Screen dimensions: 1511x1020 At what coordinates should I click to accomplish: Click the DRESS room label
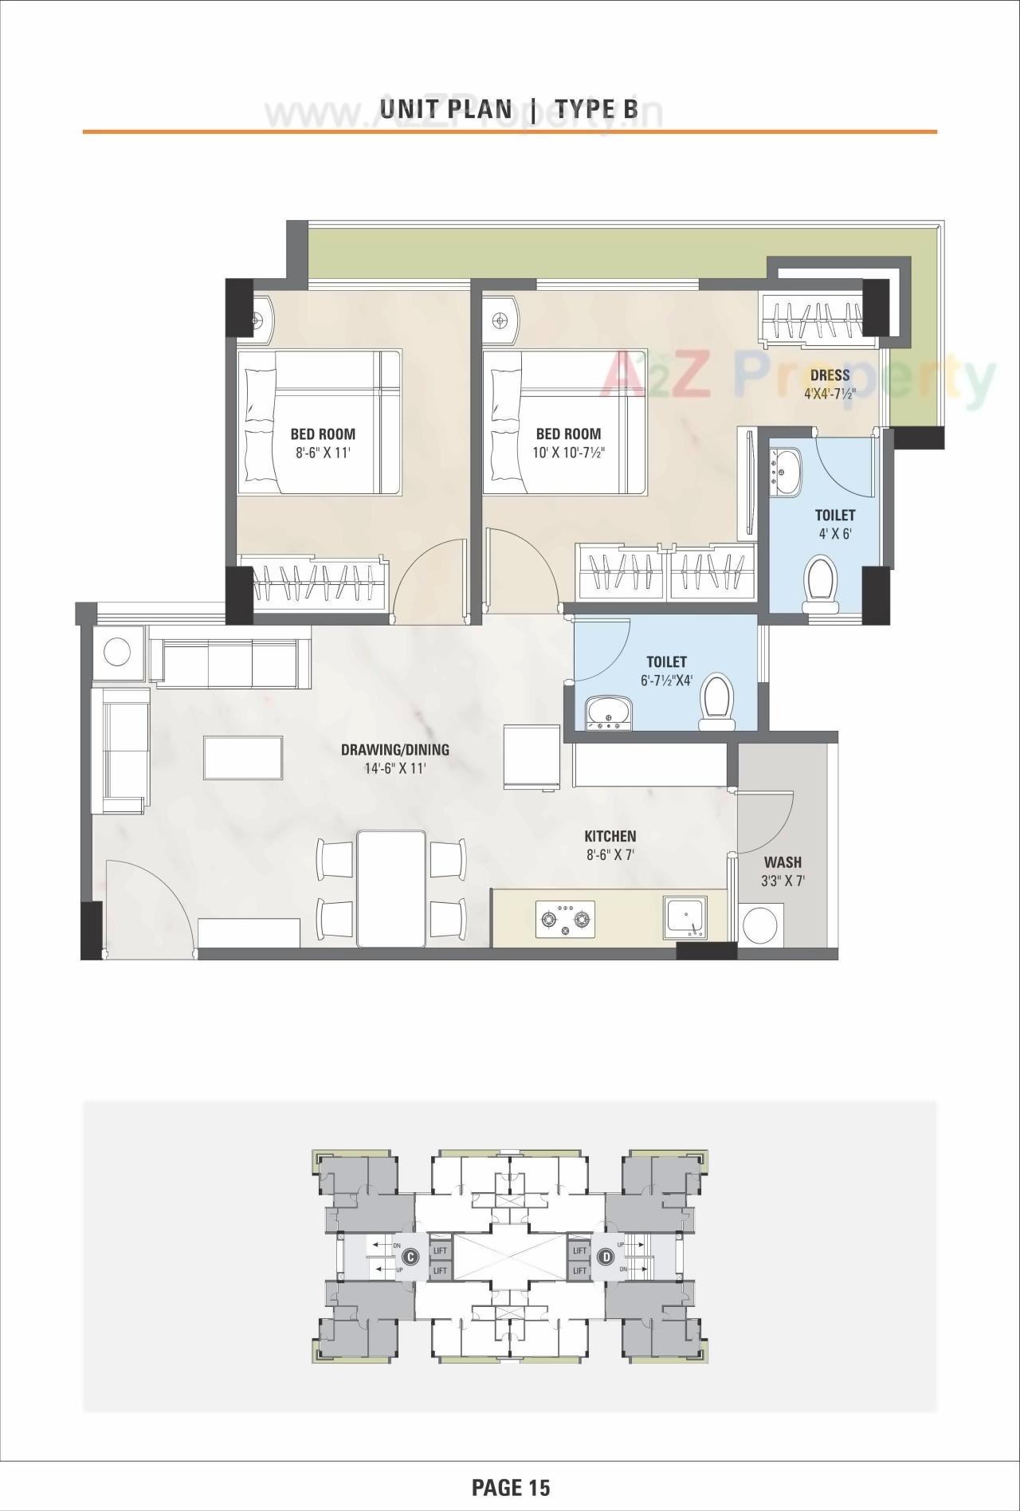pyautogui.click(x=830, y=375)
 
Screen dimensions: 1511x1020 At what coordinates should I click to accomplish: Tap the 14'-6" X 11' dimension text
pyautogui.click(x=394, y=769)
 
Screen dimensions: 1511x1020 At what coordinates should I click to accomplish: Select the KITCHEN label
pyautogui.click(x=610, y=836)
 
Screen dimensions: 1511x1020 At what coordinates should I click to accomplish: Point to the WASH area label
pyautogui.click(x=783, y=862)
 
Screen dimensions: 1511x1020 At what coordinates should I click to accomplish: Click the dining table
pyautogui.click(x=391, y=888)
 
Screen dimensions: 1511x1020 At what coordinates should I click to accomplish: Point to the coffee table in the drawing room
pyautogui.click(x=243, y=757)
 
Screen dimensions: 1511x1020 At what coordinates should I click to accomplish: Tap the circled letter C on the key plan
pyautogui.click(x=410, y=1257)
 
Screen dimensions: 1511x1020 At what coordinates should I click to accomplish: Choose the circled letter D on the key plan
pyautogui.click(x=607, y=1257)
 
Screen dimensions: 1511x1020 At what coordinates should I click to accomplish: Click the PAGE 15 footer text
pyautogui.click(x=511, y=1487)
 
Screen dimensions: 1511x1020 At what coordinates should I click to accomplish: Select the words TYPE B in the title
pyautogui.click(x=596, y=108)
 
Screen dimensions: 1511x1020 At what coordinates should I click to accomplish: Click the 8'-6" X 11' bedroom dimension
pyautogui.click(x=323, y=453)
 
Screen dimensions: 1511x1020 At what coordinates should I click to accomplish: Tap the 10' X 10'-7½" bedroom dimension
pyautogui.click(x=568, y=453)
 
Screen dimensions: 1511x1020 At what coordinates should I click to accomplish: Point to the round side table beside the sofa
pyautogui.click(x=117, y=653)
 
